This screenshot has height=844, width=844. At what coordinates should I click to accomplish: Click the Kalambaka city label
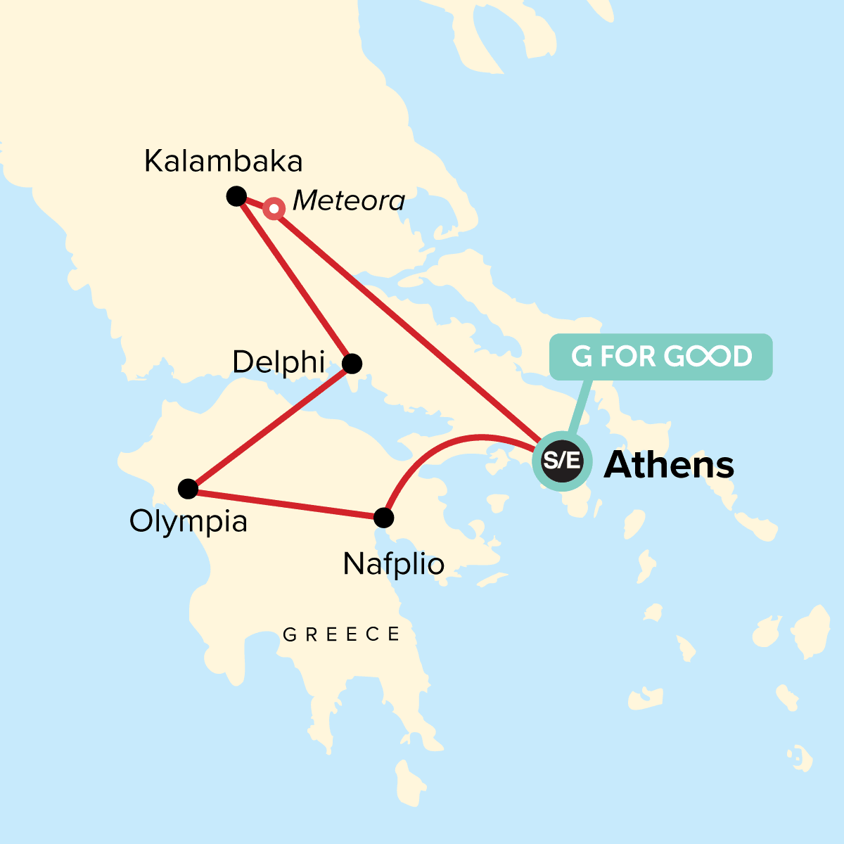(x=223, y=162)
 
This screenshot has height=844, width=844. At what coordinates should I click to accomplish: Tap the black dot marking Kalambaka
(x=236, y=196)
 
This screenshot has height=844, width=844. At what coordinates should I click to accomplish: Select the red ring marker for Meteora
(x=274, y=209)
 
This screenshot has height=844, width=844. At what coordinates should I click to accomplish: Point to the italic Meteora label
(x=348, y=201)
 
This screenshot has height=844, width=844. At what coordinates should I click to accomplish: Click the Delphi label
(x=279, y=362)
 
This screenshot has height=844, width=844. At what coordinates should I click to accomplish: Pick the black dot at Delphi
(x=352, y=364)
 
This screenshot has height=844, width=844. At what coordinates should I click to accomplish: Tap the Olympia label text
(x=188, y=522)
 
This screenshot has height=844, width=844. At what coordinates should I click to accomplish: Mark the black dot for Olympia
(x=188, y=488)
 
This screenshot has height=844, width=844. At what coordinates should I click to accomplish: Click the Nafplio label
(x=393, y=563)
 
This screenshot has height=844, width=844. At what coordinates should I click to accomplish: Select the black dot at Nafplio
(x=383, y=518)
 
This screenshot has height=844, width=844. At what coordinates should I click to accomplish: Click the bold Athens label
(x=669, y=465)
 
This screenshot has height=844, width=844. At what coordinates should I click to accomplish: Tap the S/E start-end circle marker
(x=562, y=461)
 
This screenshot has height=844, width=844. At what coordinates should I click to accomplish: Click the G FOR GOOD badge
(x=660, y=357)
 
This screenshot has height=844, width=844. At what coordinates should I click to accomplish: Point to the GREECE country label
(x=342, y=634)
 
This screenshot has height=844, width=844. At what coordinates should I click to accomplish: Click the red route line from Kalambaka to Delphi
(x=294, y=280)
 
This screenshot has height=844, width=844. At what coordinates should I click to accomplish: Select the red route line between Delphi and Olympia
(x=270, y=426)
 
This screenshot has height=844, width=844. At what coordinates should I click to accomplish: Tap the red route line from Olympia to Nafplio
(x=286, y=504)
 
